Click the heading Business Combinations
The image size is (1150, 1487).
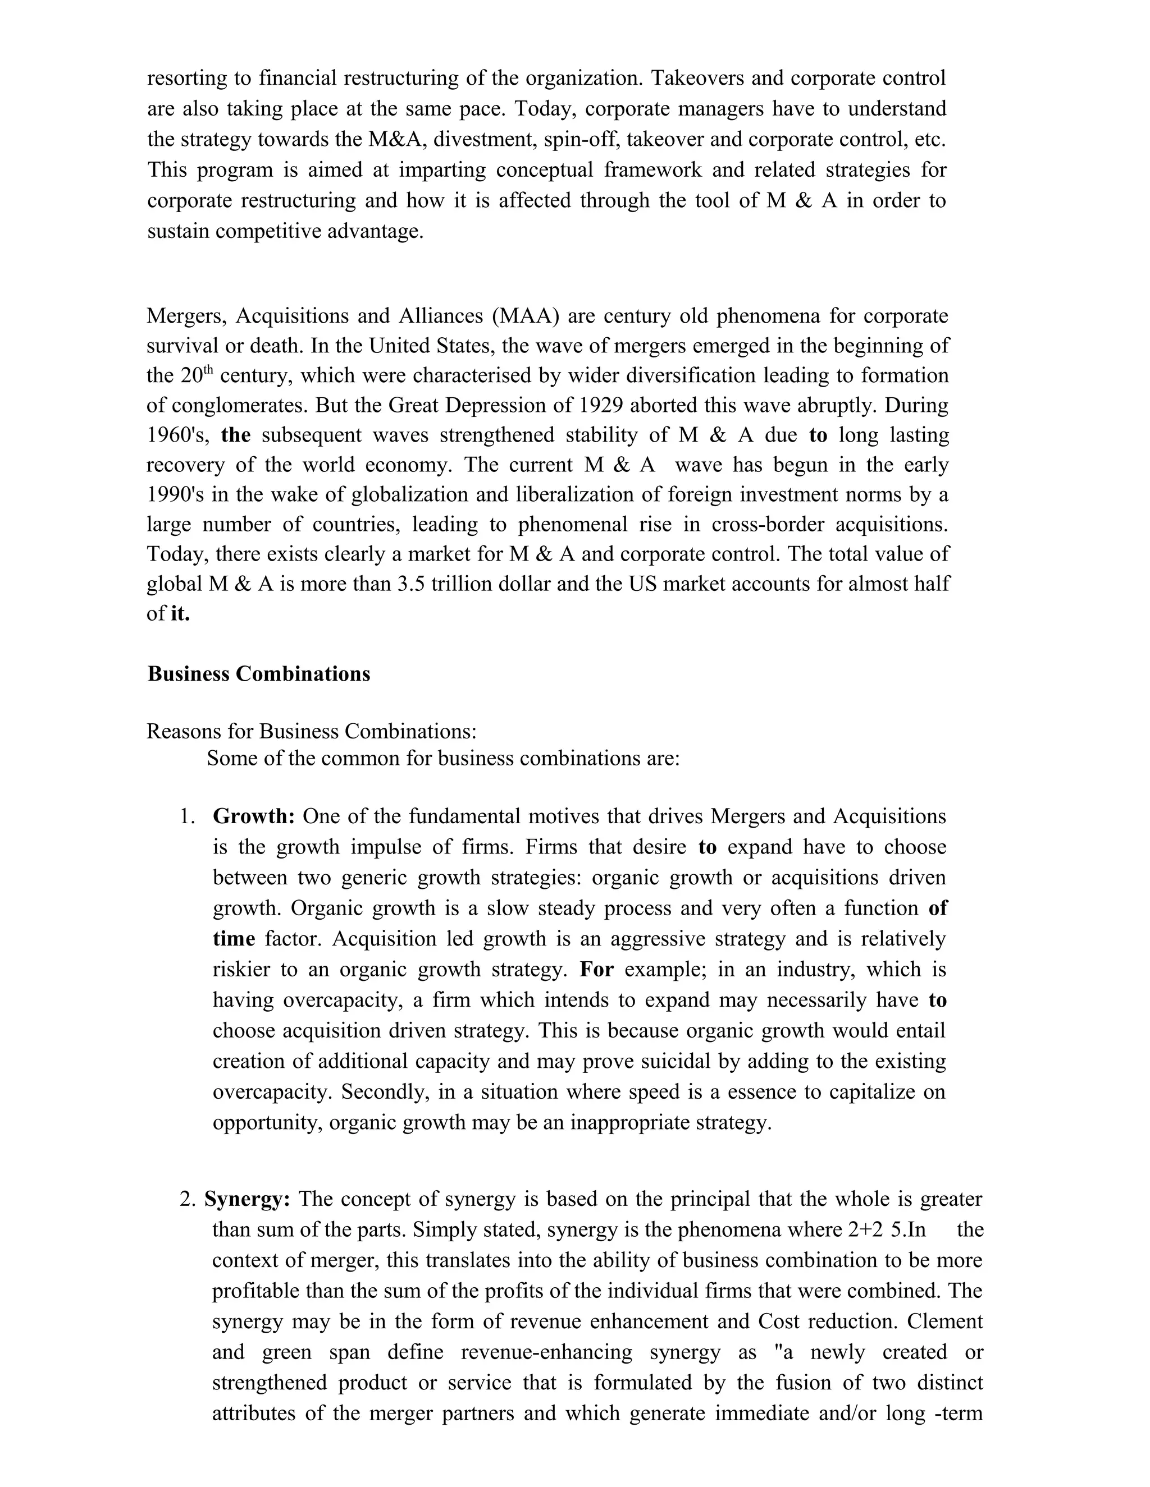click(258, 674)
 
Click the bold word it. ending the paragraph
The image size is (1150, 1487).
click(180, 614)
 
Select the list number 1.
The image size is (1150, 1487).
click(188, 816)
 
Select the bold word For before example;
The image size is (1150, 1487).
click(597, 970)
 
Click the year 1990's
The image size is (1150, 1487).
click(175, 495)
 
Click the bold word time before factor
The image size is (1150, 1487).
click(234, 939)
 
